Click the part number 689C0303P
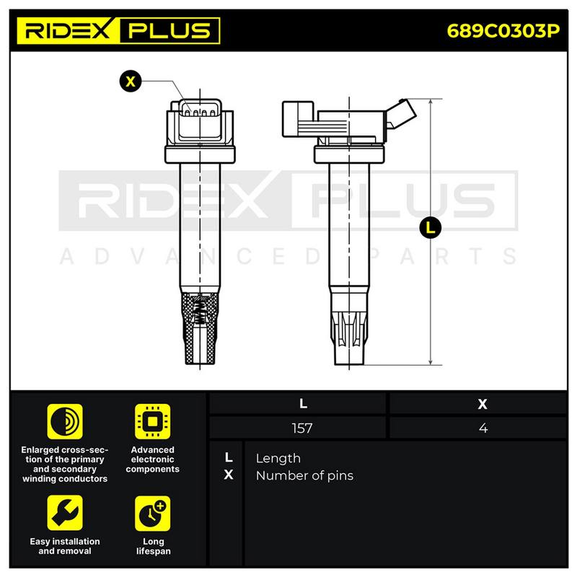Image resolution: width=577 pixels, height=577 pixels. [x=503, y=31]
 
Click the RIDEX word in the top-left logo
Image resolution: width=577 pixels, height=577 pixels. [x=68, y=30]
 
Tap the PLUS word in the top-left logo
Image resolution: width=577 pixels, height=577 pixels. [x=169, y=30]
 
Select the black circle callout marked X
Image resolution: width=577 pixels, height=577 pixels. [x=131, y=81]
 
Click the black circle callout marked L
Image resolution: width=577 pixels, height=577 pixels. [x=430, y=228]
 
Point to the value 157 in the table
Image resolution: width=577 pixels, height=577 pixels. [x=301, y=428]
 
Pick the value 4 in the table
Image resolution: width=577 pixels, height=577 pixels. [x=483, y=428]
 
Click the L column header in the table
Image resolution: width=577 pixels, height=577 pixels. [x=303, y=404]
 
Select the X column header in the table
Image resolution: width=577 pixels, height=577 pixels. [x=483, y=404]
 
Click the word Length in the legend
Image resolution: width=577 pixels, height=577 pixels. [x=278, y=459]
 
